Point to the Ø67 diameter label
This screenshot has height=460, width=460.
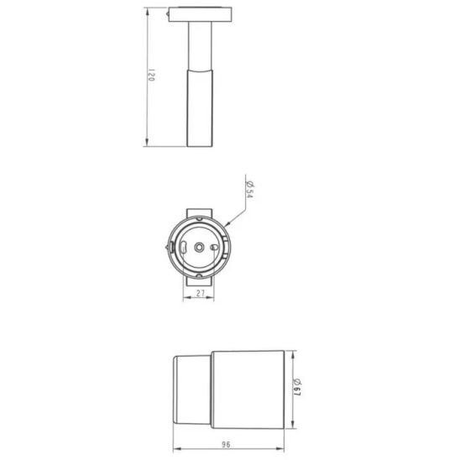click(x=299, y=388)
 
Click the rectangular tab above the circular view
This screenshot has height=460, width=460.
click(x=202, y=212)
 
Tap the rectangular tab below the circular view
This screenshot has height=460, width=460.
click(x=201, y=281)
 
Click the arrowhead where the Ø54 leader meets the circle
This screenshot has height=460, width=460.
click(x=227, y=224)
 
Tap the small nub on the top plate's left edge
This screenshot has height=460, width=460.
click(x=170, y=14)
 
